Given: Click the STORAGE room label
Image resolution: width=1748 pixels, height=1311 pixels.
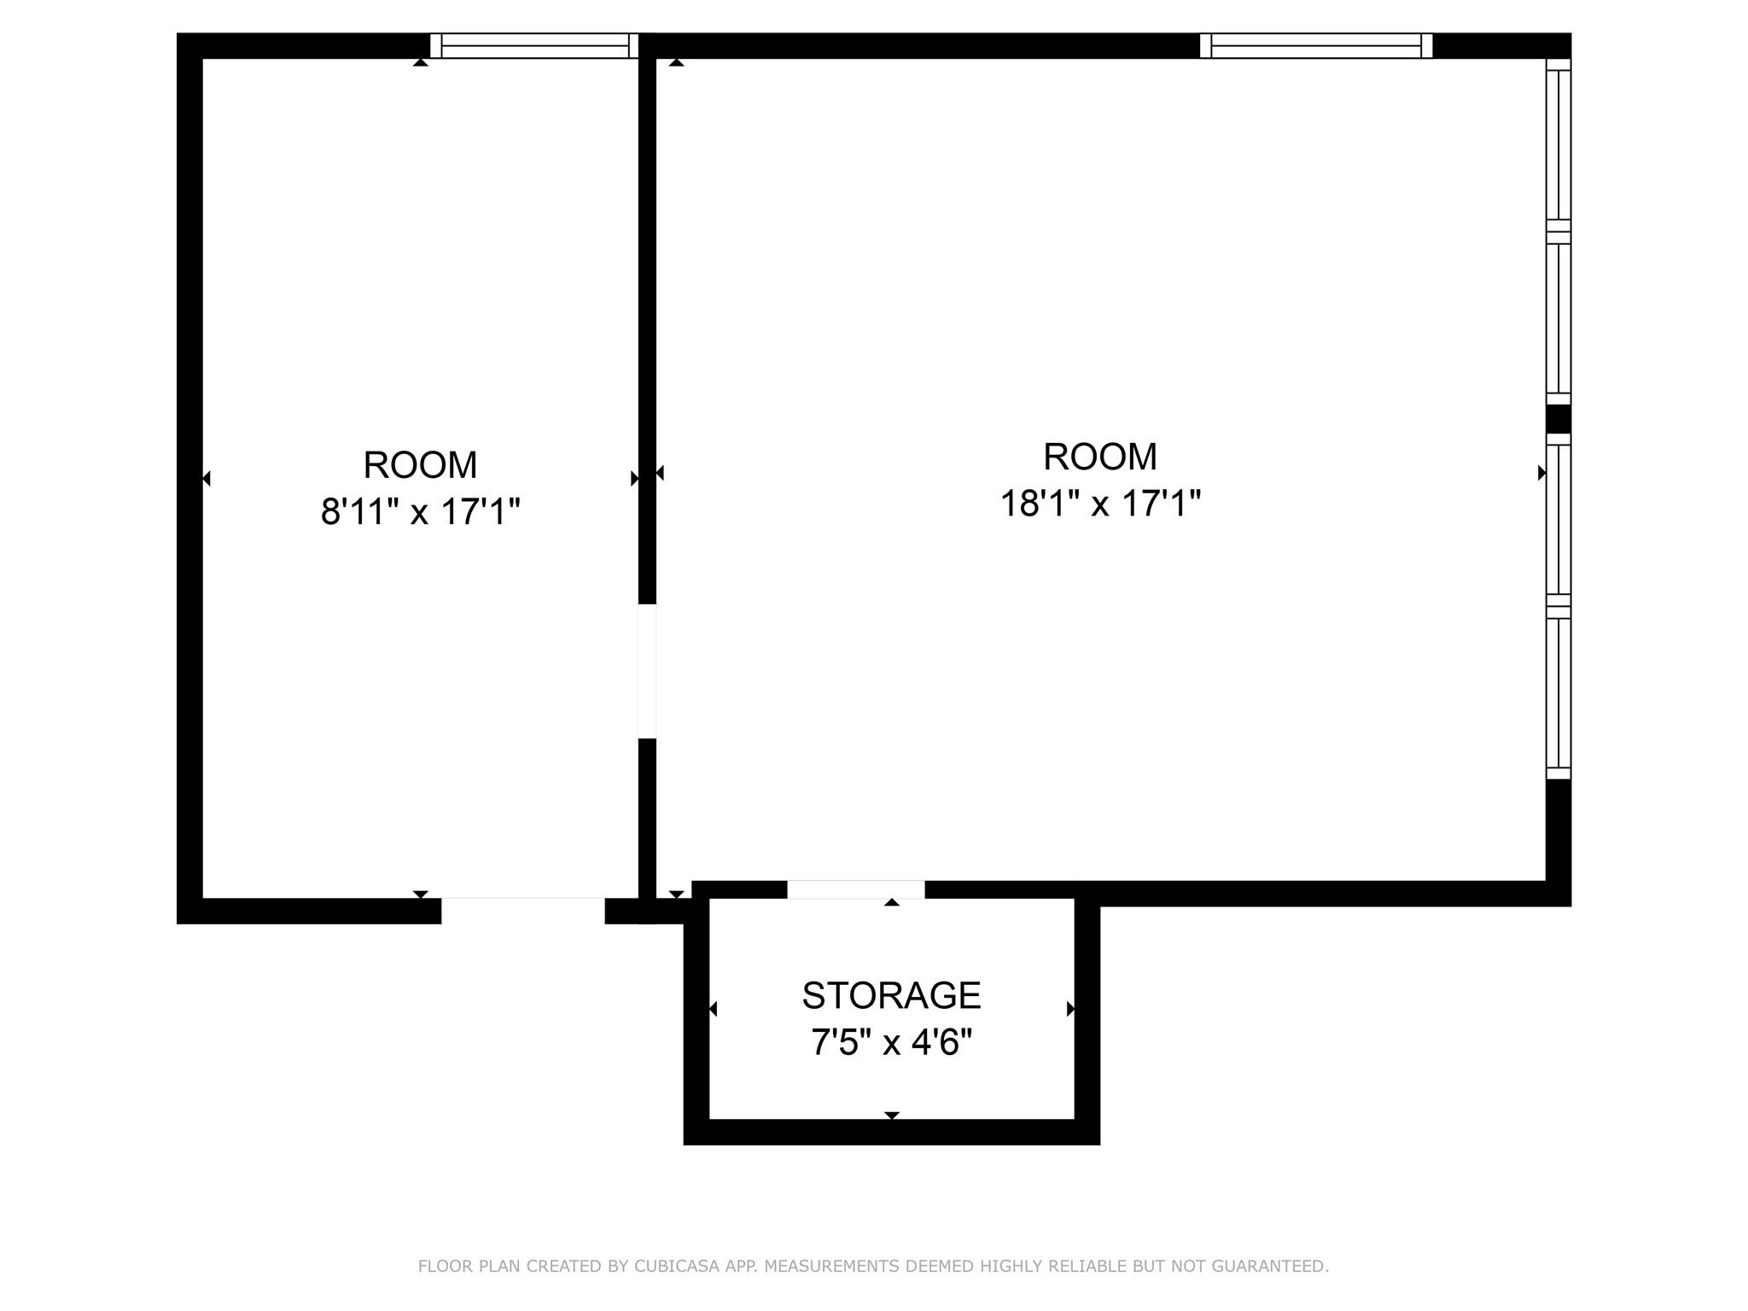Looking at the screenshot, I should tap(891, 995).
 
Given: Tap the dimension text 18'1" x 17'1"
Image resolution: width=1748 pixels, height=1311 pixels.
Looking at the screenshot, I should tap(1099, 504).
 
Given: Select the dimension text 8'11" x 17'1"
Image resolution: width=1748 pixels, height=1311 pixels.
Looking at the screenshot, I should tap(420, 512).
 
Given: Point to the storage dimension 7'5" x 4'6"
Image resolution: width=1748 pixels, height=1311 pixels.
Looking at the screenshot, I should tap(891, 1042).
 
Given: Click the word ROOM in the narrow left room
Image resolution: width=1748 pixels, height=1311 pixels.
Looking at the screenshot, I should tap(420, 465).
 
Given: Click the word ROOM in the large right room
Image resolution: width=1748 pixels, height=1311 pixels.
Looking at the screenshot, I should tap(1099, 457).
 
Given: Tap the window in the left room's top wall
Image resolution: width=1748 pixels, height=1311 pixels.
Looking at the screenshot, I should tap(534, 45).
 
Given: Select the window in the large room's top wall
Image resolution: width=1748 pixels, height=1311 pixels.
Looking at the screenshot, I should tap(1315, 45).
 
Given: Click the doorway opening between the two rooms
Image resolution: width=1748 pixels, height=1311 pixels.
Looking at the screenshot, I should tap(647, 671).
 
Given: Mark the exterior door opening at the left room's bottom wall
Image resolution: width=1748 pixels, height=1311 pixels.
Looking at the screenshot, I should tap(522, 910).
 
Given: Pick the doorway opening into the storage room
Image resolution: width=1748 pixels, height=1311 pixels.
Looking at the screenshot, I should tap(855, 889).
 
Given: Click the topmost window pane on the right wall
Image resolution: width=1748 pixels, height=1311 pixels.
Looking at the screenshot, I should tap(1559, 145).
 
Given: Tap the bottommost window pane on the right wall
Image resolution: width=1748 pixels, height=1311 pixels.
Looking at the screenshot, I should tap(1559, 693).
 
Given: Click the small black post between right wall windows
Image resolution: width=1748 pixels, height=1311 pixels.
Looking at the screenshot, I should tap(1559, 419).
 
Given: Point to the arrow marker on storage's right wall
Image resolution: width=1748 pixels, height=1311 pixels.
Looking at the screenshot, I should tap(1070, 1009).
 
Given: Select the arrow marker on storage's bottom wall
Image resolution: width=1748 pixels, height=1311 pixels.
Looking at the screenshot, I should tap(892, 1116).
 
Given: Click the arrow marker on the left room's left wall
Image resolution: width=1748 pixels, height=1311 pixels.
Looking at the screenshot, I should tap(206, 478).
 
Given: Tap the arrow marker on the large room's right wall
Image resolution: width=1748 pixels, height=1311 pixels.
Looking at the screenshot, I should tap(1541, 472).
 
